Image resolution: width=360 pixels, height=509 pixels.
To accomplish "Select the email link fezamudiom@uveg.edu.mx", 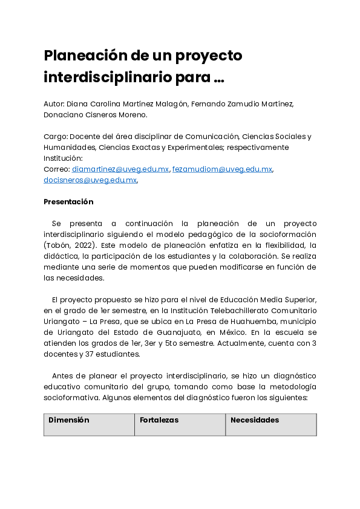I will [222, 169].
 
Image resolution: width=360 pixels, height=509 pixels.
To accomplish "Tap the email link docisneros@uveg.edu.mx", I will [90, 180].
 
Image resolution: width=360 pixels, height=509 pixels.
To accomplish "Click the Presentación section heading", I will [68, 202].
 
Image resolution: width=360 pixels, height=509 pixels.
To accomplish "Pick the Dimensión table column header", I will [69, 420].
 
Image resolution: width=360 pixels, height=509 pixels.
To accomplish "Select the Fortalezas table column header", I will [159, 420].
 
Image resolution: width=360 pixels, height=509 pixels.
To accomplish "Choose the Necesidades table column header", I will [255, 420].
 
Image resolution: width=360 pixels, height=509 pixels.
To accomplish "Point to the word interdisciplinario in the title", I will [113, 78].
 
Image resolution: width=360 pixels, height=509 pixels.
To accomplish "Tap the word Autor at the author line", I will [53, 104].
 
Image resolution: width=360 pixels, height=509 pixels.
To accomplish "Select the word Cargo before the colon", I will [54, 137].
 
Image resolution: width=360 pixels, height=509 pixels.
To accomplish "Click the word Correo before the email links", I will [56, 169].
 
